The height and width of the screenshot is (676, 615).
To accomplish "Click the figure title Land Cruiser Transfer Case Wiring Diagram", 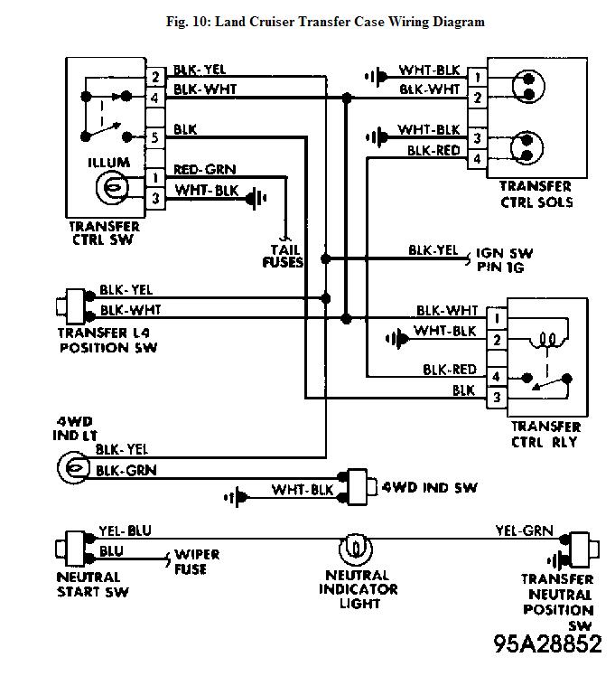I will click(x=325, y=22).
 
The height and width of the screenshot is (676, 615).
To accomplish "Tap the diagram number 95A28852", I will click(x=546, y=643).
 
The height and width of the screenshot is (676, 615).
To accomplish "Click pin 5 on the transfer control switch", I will click(x=155, y=137).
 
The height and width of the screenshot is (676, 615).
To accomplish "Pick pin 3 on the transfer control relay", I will click(x=496, y=397).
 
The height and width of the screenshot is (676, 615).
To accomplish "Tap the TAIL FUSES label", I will click(x=284, y=256).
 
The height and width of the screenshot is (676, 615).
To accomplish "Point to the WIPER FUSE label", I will click(x=196, y=561).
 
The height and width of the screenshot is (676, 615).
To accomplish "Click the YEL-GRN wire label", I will click(x=524, y=532).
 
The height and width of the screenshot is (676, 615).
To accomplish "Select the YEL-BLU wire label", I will click(x=126, y=530).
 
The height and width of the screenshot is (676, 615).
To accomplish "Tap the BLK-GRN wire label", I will click(x=126, y=470).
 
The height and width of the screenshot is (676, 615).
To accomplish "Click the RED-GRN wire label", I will click(x=204, y=168).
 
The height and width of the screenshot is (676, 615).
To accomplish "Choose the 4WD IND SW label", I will click(x=430, y=487).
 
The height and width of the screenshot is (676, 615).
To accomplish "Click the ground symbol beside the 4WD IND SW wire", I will click(x=238, y=494).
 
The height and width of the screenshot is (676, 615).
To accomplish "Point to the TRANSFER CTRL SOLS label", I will click(x=536, y=194).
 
